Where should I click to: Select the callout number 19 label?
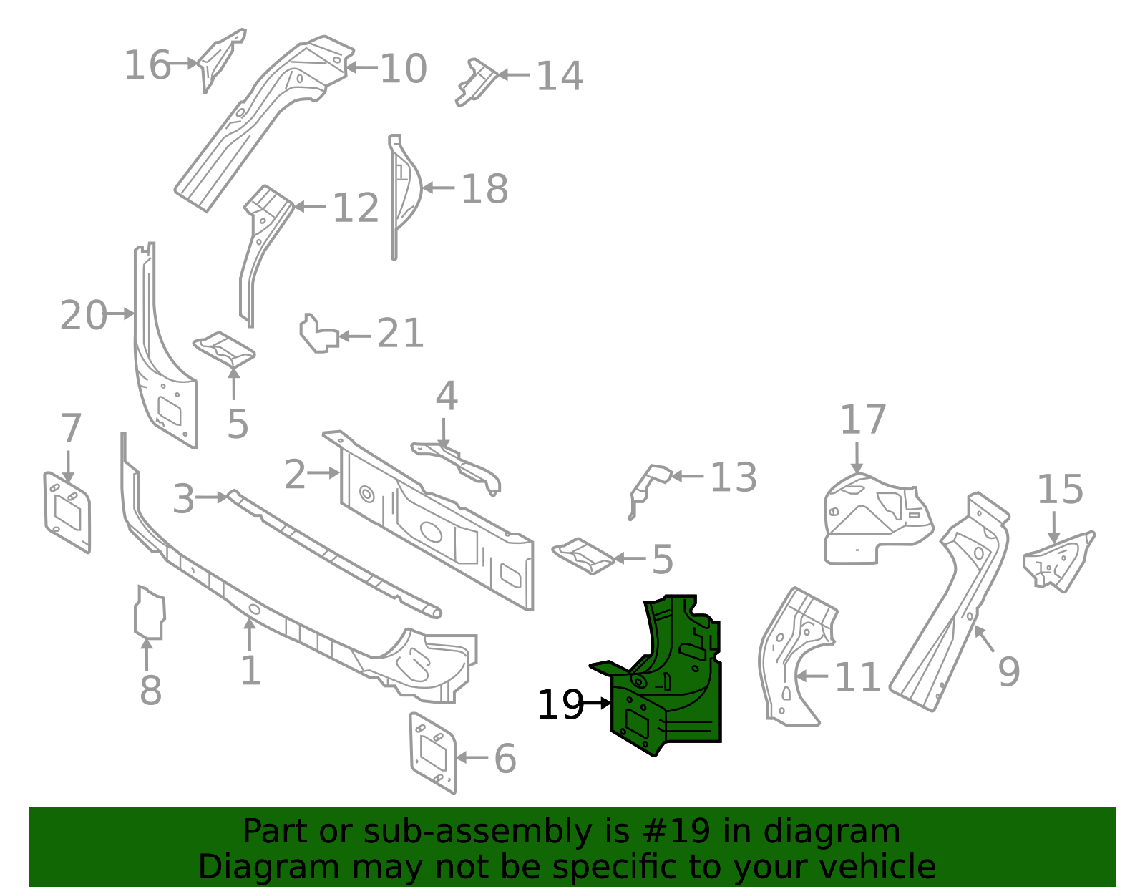point(560,705)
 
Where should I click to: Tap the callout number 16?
point(147,65)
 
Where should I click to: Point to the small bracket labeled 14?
point(475,81)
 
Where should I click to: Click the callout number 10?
point(404,69)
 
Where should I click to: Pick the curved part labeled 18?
point(404,190)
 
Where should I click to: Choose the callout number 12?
point(356,208)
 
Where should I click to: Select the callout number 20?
point(83,315)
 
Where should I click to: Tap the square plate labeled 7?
point(67,511)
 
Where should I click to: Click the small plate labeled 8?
point(150,613)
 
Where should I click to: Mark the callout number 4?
point(447,396)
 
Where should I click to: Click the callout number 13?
point(733,477)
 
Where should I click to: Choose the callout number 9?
point(1008,671)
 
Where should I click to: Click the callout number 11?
point(857,677)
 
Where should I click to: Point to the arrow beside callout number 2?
point(325,472)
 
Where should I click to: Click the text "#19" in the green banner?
point(676,832)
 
